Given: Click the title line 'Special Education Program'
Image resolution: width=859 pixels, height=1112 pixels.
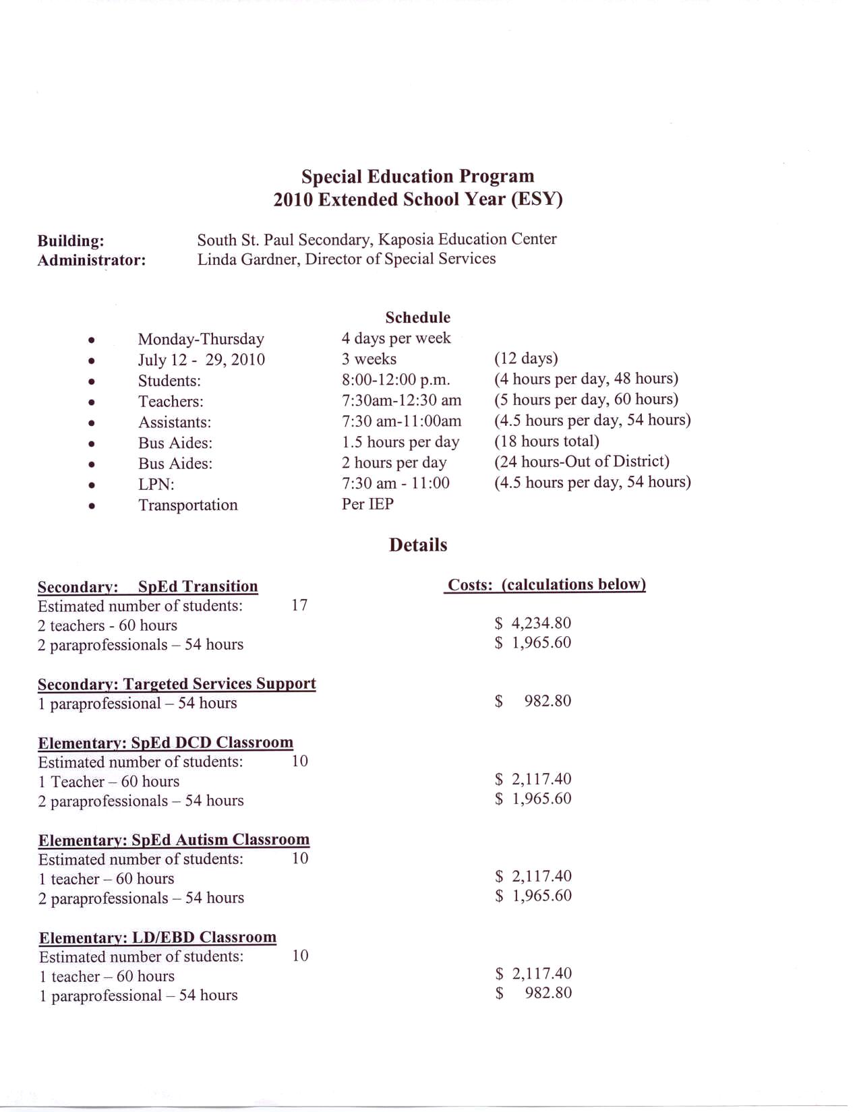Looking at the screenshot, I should [x=417, y=177].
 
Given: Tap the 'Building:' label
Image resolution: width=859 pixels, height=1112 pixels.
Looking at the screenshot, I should [x=71, y=241].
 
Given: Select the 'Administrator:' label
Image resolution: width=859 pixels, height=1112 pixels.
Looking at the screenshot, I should [x=91, y=260].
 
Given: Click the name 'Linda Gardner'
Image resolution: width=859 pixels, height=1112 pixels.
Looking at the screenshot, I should [x=247, y=259].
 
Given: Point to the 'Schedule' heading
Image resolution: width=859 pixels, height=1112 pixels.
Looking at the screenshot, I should [x=417, y=317].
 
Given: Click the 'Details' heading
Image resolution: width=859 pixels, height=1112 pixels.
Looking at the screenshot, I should [x=417, y=545].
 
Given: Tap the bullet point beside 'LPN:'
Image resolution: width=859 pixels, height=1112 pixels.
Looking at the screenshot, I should [x=91, y=485].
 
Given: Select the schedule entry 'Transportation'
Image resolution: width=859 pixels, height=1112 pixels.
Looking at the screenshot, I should [x=187, y=505].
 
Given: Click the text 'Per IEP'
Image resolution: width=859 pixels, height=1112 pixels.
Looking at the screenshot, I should [x=367, y=503].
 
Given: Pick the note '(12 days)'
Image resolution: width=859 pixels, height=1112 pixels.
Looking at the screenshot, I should [x=526, y=358].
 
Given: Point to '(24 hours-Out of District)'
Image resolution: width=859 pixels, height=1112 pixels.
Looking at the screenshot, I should [x=581, y=462].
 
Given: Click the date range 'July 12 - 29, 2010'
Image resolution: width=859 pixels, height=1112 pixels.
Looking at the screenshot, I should [x=201, y=359].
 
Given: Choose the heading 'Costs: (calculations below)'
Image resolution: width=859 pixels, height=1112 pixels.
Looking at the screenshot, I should [x=545, y=584].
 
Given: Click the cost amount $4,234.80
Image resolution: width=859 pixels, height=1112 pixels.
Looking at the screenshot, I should [x=533, y=623].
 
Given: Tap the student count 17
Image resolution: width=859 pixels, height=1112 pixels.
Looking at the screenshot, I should [x=299, y=605].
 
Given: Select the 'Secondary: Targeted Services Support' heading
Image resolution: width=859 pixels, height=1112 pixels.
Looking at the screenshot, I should [x=177, y=684].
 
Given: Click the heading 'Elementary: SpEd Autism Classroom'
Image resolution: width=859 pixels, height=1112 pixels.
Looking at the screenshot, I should [x=174, y=840].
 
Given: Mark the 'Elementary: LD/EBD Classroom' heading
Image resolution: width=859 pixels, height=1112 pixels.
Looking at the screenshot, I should [x=158, y=937].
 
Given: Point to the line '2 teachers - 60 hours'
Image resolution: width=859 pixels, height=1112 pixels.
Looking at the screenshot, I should [x=107, y=625].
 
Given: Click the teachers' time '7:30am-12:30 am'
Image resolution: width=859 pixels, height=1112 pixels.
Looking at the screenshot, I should [x=401, y=400].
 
